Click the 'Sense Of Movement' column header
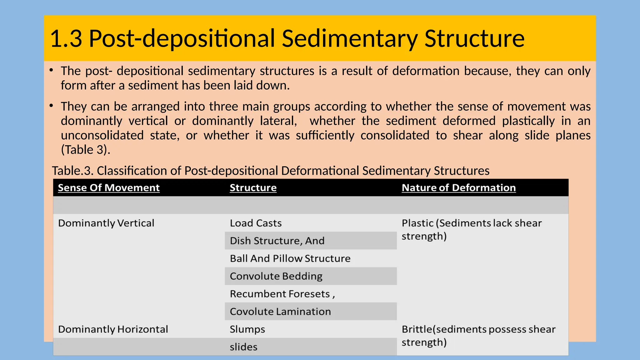point(109,187)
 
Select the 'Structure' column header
point(253,187)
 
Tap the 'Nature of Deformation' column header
point(458,187)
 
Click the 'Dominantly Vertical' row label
point(106,223)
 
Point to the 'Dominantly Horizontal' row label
point(113,329)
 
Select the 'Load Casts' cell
point(256,223)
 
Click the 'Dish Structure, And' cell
point(277,241)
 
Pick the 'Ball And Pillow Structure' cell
point(290,258)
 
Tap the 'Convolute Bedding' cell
point(276,276)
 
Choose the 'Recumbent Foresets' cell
point(280,294)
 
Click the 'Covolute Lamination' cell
point(280,312)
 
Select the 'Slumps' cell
point(247,329)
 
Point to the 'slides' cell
point(243,347)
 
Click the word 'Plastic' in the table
point(417,223)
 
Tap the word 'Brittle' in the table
point(417,329)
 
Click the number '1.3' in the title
point(66,38)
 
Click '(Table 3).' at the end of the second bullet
point(86,150)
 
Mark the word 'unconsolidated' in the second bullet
point(102,135)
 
